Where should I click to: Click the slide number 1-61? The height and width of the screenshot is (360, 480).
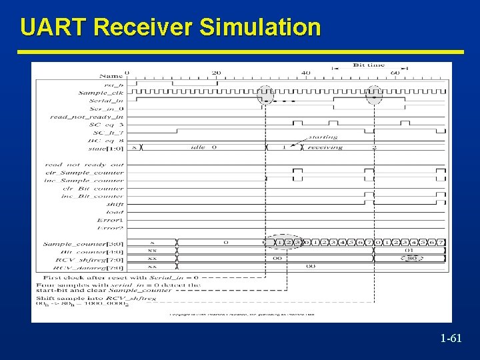click(451, 339)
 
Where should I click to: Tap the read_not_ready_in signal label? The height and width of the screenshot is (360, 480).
click(87, 117)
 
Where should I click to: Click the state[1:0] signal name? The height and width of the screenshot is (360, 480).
click(107, 148)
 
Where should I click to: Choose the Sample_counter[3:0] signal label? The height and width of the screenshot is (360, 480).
click(83, 244)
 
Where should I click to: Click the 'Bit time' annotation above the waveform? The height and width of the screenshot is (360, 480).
click(368, 65)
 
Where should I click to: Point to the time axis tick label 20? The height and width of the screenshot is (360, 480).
click(216, 73)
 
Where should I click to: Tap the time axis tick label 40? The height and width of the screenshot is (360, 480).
click(306, 73)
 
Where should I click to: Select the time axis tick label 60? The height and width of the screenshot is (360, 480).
click(395, 73)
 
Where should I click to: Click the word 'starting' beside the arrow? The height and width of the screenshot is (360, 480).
click(323, 137)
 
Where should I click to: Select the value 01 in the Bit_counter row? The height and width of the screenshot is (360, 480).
click(409, 251)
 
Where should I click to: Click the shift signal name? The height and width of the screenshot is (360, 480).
click(115, 204)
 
